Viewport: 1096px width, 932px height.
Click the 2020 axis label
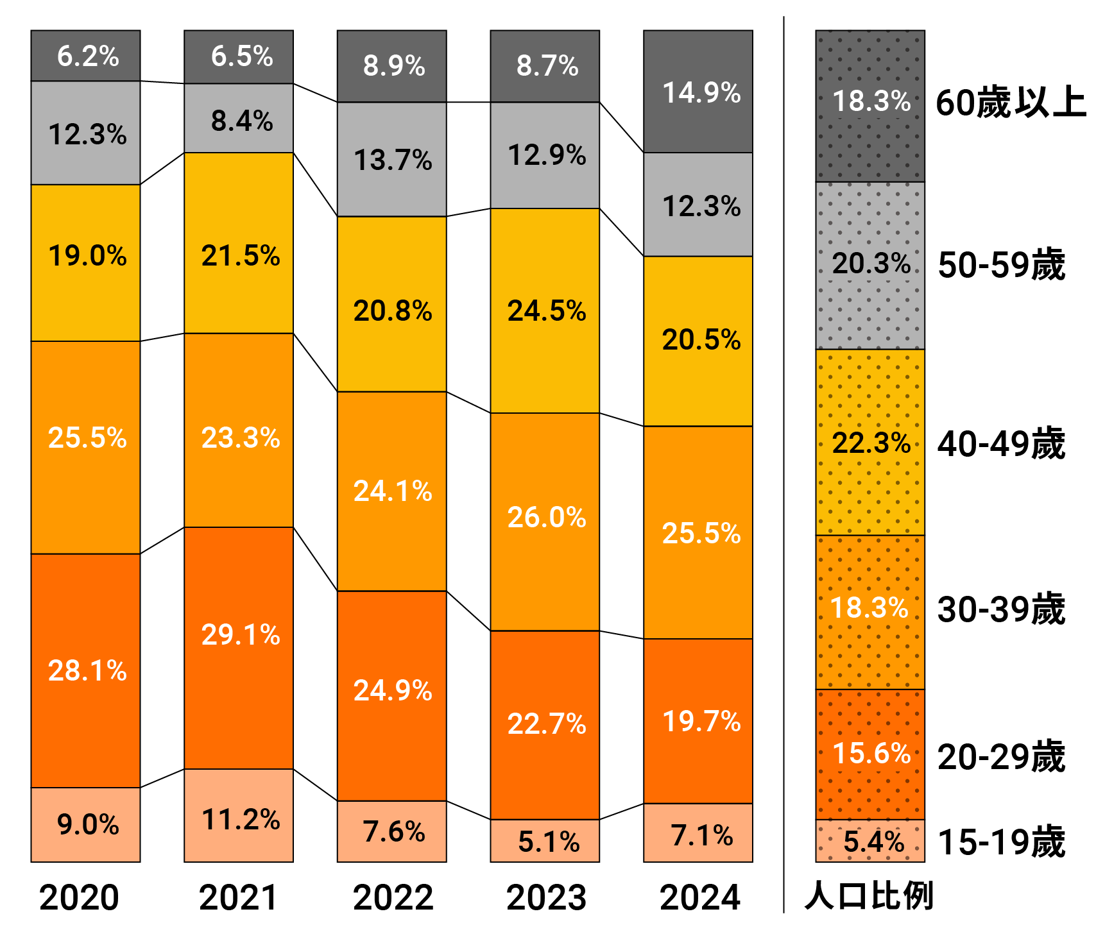pyautogui.click(x=79, y=897)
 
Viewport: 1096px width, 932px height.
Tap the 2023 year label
pyautogui.click(x=546, y=897)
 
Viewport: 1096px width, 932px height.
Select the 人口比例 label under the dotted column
pyautogui.click(x=869, y=895)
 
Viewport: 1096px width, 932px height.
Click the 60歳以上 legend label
pyautogui.click(x=1010, y=103)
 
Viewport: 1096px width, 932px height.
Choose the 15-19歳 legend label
pyautogui.click(x=1001, y=842)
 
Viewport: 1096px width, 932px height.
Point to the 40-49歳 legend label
pyautogui.click(x=1001, y=443)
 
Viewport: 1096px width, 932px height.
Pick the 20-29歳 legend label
pyautogui.click(x=1001, y=756)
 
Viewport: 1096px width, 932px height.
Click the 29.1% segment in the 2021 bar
pyautogui.click(x=239, y=648)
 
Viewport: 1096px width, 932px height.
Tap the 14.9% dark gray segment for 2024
pyautogui.click(x=698, y=92)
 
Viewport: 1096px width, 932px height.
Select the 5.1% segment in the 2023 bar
pyautogui.click(x=545, y=841)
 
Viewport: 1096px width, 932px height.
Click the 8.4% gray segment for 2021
pyautogui.click(x=239, y=119)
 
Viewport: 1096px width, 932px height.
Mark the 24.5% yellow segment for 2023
pyautogui.click(x=545, y=310)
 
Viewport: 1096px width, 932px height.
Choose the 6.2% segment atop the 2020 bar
pyautogui.click(x=85, y=56)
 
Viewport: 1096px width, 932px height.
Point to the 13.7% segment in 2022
pyautogui.click(x=391, y=159)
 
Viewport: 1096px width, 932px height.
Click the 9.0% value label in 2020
pyautogui.click(x=88, y=825)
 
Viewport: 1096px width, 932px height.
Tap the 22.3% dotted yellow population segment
pyautogui.click(x=870, y=442)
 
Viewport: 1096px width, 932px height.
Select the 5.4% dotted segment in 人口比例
pyautogui.click(x=870, y=841)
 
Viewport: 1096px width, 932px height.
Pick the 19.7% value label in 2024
pyautogui.click(x=701, y=722)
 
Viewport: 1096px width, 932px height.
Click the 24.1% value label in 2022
pyautogui.click(x=393, y=491)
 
